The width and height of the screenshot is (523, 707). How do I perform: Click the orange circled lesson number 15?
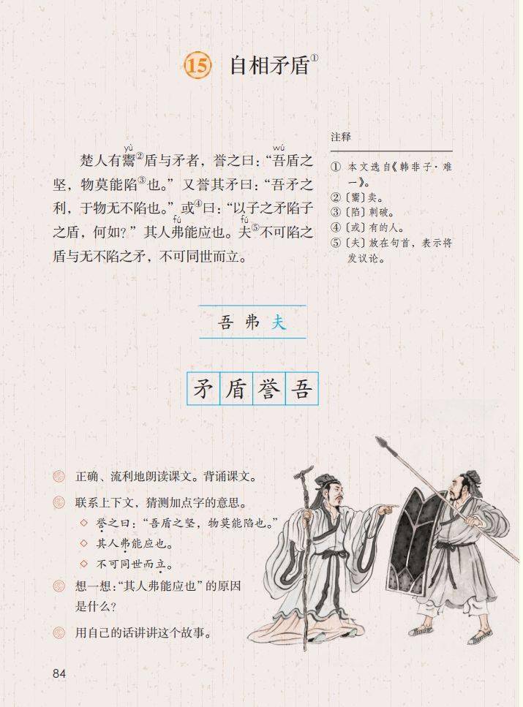pyautogui.click(x=197, y=66)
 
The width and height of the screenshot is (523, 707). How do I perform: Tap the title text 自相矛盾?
pyautogui.click(x=270, y=66)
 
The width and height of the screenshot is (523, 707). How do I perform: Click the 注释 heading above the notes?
pyautogui.click(x=341, y=137)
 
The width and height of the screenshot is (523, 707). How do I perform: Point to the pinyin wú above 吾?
pyautogui.click(x=279, y=148)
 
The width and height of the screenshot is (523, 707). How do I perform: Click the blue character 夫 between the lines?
pyautogui.click(x=279, y=322)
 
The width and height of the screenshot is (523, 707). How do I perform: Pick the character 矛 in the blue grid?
pyautogui.click(x=203, y=389)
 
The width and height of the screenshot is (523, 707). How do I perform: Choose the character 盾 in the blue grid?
pyautogui.click(x=236, y=389)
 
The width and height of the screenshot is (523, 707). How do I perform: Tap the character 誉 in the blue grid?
pyautogui.click(x=269, y=389)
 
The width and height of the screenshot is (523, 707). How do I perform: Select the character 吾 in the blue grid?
pyautogui.click(x=301, y=389)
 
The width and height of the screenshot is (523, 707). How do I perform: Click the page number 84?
pyautogui.click(x=59, y=673)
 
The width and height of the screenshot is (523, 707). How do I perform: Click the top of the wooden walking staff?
pyautogui.click(x=304, y=471)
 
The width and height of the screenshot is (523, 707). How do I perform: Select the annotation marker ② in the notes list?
pyautogui.click(x=335, y=197)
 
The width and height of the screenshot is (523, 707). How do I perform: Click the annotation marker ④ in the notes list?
pyautogui.click(x=335, y=227)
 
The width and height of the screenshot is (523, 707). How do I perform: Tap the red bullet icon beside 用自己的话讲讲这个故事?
pyautogui.click(x=59, y=632)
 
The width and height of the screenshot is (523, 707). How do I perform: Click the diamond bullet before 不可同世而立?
pyautogui.click(x=83, y=564)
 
